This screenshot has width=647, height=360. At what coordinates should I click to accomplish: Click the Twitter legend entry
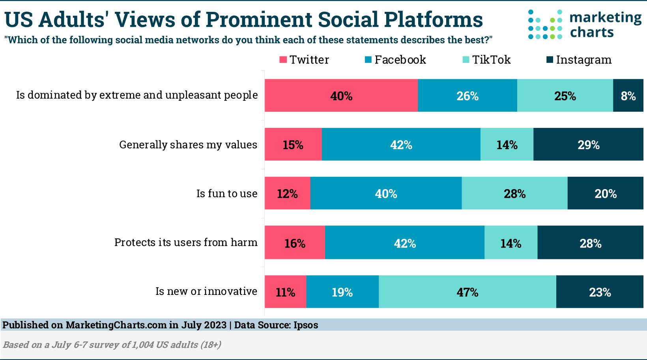pyautogui.click(x=304, y=60)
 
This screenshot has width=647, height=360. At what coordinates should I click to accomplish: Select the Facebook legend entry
pyautogui.click(x=395, y=60)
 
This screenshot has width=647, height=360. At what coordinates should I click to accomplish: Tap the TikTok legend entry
pyautogui.click(x=486, y=60)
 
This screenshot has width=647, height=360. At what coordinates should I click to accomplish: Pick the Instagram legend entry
pyautogui.click(x=579, y=60)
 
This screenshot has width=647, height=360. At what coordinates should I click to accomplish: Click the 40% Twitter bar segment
pyautogui.click(x=341, y=96)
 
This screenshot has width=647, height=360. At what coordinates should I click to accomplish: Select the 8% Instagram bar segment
pyautogui.click(x=628, y=96)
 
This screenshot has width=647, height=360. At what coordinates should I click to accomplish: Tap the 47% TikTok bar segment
pyautogui.click(x=467, y=292)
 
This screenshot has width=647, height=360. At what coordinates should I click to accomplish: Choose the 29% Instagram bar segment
pyautogui.click(x=588, y=144)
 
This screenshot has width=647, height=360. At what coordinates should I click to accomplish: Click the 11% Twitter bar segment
pyautogui.click(x=285, y=292)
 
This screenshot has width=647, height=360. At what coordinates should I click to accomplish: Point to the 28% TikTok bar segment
pyautogui.click(x=514, y=193)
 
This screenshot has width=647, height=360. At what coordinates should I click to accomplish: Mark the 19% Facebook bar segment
pyautogui.click(x=342, y=292)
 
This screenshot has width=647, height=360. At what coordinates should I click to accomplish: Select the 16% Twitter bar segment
pyautogui.click(x=295, y=243)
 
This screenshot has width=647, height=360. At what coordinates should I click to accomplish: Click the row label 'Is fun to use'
pyautogui.click(x=227, y=193)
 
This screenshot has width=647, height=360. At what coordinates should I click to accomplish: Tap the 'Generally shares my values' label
pyautogui.click(x=188, y=144)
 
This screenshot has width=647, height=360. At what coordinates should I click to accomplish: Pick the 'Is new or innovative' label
pyautogui.click(x=206, y=291)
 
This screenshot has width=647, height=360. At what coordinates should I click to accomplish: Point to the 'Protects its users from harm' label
pyautogui.click(x=186, y=242)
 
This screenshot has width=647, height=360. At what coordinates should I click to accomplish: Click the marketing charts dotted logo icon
pyautogui.click(x=545, y=24)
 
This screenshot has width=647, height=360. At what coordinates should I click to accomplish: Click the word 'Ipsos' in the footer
pyautogui.click(x=306, y=325)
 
